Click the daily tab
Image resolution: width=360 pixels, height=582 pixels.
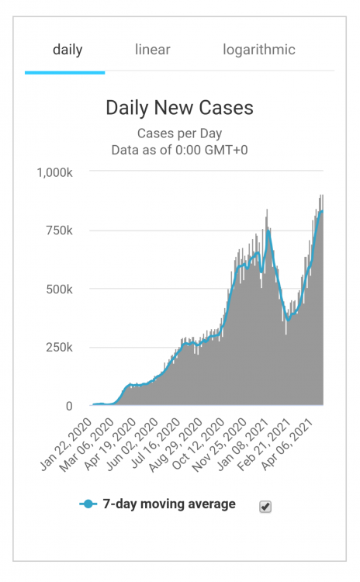67,50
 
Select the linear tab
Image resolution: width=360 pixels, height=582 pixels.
152,50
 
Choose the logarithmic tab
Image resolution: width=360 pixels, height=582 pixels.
259,50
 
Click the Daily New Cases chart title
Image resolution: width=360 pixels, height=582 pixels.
179,108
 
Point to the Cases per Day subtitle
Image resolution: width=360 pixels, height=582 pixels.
179,133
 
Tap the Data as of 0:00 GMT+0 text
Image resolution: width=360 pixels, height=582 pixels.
179,150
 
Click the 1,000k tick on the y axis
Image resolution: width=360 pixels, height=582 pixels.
55,171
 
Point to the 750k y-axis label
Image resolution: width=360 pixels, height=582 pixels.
61,230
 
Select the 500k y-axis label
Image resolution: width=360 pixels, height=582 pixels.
61,289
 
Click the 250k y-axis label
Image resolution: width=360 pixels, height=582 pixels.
61,347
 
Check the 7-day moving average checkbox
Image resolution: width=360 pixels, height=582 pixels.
265,506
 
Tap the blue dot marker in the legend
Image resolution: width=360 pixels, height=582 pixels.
88,504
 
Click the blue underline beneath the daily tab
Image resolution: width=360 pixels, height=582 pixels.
64,72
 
